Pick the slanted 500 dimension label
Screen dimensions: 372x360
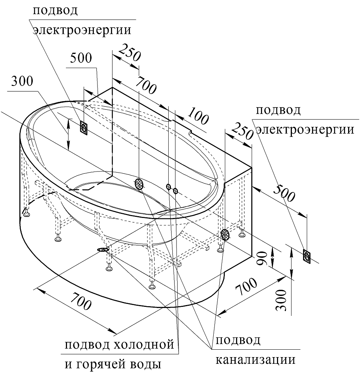pyautogui.click(x=284, y=192)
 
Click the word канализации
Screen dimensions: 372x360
pyautogui.click(x=256, y=360)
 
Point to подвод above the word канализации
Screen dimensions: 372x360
pyautogui.click(x=238, y=340)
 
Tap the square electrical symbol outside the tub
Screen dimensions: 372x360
pyautogui.click(x=306, y=256)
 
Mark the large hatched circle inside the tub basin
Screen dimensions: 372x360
pyautogui.click(x=138, y=184)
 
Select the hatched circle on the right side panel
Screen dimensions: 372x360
pyautogui.click(x=225, y=234)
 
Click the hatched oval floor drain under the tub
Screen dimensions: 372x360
pyautogui.click(x=103, y=250)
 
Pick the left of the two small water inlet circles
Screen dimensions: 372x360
pyautogui.click(x=168, y=186)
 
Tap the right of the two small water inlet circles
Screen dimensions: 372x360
pyautogui.click(x=175, y=191)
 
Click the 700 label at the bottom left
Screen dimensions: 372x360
pyautogui.click(x=80, y=301)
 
